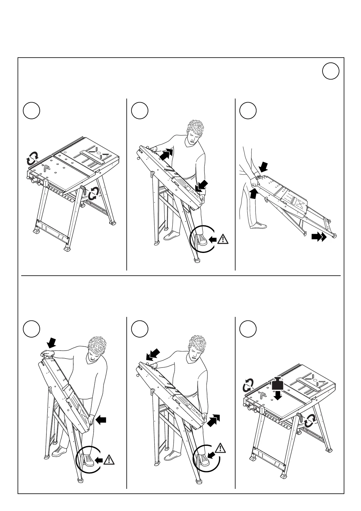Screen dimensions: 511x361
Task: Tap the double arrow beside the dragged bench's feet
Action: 319,237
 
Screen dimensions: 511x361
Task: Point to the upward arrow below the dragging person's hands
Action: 254,193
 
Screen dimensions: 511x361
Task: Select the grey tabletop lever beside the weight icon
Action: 262,394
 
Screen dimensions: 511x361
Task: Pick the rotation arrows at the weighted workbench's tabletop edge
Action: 248,385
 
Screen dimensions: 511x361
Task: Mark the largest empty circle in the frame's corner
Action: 330,71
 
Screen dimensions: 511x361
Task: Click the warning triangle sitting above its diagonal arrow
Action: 220,448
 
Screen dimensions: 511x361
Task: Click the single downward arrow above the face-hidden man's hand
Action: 52,343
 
